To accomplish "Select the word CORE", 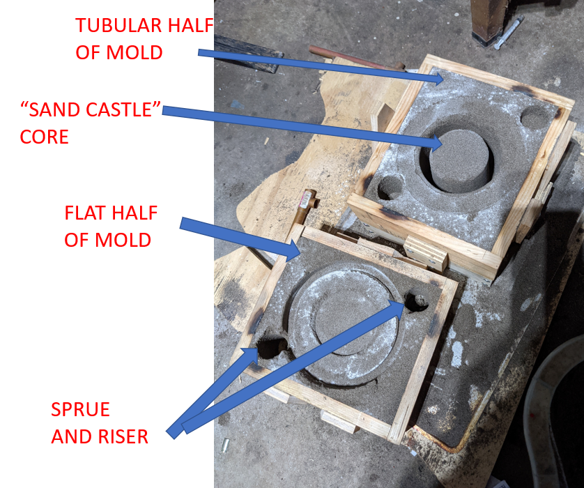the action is pyautogui.click(x=44, y=137).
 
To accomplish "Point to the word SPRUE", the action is pyautogui.click(x=80, y=409).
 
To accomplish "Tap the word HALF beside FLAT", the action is pyautogui.click(x=135, y=213).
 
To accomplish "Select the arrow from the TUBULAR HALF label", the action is pyautogui.click(x=321, y=66).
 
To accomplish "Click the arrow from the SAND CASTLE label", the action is pyautogui.click(x=302, y=127).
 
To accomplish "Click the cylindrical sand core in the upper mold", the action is pyautogui.click(x=459, y=160).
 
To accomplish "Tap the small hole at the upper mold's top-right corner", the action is pyautogui.click(x=535, y=116).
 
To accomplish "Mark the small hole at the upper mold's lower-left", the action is pyautogui.click(x=390, y=188).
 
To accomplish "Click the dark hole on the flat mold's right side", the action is pyautogui.click(x=417, y=301).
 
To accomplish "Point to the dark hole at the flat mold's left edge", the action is pyautogui.click(x=271, y=347).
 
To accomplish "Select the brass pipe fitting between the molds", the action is pyautogui.click(x=306, y=207).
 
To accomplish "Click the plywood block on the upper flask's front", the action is pyautogui.click(x=426, y=253).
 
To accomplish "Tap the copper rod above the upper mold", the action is pyautogui.click(x=356, y=58).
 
